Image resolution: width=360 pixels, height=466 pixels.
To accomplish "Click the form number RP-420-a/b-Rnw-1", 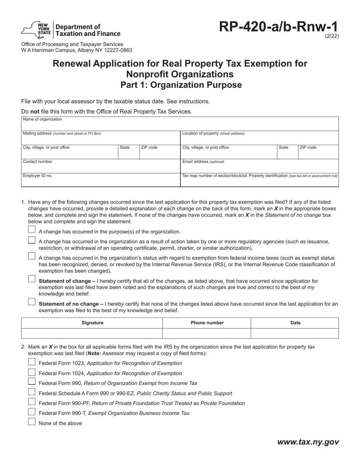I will coord(278,28).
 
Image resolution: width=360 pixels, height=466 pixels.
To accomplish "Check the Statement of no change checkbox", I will coord(32,302).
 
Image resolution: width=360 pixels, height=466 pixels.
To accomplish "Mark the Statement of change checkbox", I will coord(32,279).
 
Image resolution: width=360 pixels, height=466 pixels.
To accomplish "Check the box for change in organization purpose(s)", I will coord(32,230).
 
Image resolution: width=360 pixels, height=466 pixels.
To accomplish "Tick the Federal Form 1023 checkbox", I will coord(32,362).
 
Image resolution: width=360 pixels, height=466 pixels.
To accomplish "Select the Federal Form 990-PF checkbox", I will coord(32,402).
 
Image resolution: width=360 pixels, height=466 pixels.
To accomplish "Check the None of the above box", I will coord(32,422).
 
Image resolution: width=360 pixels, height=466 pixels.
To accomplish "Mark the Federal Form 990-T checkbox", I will coord(32,412).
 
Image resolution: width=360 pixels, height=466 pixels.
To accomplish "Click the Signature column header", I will coord(92,323).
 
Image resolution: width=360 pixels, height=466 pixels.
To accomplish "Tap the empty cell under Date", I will coord(295,333).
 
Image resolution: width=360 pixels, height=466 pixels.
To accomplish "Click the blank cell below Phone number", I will coord(207,333).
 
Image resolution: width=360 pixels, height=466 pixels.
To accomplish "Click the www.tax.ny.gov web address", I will coord(308,442).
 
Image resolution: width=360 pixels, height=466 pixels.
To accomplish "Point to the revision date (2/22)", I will coord(332,37).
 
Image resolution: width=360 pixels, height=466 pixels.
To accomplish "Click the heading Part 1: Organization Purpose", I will coord(181,85).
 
